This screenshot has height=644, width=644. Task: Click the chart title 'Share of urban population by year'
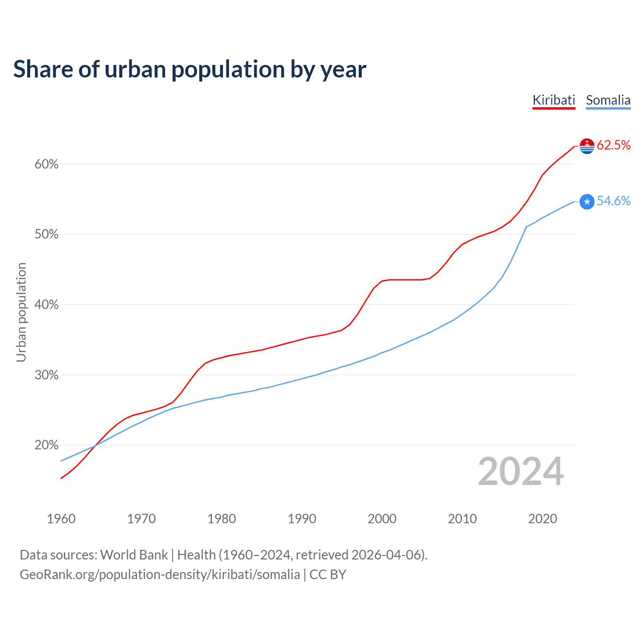[x=190, y=69]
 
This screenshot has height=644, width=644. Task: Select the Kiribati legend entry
[x=553, y=100]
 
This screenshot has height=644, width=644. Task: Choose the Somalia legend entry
[x=608, y=100]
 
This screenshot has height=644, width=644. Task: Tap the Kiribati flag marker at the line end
[x=587, y=146]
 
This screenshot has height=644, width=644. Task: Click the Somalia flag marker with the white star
[x=587, y=202]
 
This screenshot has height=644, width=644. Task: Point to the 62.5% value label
[x=613, y=145]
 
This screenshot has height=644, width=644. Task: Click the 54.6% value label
[x=613, y=201]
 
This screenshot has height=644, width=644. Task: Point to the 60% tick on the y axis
[x=46, y=165]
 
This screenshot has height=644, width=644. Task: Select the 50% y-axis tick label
[x=46, y=234]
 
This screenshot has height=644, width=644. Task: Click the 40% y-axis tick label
[x=46, y=305]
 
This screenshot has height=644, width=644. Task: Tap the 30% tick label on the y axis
[x=46, y=375]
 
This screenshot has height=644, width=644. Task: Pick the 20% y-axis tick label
[x=46, y=445]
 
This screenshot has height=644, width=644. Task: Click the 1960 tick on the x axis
[x=61, y=519]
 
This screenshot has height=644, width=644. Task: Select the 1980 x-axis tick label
[x=222, y=519]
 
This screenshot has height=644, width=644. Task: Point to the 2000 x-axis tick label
[x=382, y=519]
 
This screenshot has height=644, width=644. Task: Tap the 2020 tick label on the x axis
[x=542, y=519]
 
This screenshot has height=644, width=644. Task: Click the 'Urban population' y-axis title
[x=21, y=312]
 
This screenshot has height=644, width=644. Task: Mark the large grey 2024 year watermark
[x=521, y=472]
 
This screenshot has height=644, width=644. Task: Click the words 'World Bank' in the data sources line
[x=134, y=555]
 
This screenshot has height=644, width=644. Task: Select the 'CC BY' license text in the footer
[x=328, y=575]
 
